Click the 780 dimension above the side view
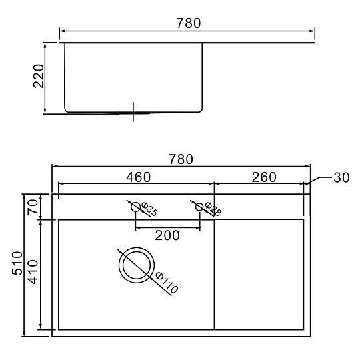pos(189,23)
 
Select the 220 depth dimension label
pos(39,76)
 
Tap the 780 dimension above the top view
pos(181,159)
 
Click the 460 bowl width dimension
pos(138,177)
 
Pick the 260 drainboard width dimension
pos(264,177)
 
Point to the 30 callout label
pos(341,177)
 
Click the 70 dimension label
pos(33,207)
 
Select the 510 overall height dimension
pos(17,263)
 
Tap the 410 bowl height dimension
pos(33,272)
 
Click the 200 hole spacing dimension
pos(167,235)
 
